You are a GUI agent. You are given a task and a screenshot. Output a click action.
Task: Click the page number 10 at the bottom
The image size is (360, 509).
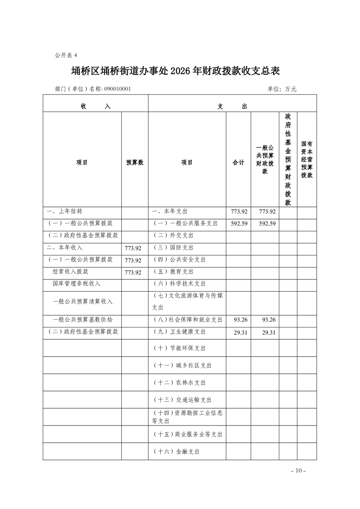tap(298, 470)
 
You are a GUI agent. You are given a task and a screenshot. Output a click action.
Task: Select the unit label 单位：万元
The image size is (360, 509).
tap(282, 89)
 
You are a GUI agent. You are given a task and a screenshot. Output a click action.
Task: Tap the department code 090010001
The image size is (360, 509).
tap(118, 89)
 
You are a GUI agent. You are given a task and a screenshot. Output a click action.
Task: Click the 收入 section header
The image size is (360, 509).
tap(95, 106)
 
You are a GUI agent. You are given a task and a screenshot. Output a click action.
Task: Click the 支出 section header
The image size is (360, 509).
tap(232, 106)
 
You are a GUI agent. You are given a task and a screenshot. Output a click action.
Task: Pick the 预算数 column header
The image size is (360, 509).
tap(135, 162)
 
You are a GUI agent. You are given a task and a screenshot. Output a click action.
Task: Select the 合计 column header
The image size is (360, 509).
tap(238, 162)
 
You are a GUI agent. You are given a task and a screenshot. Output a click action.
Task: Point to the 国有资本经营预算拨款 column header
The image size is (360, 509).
tap(307, 159)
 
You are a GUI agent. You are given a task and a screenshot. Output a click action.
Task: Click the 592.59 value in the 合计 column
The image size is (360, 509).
tap(238, 224)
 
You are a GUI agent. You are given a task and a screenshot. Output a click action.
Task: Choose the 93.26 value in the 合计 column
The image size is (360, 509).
tap(238, 320)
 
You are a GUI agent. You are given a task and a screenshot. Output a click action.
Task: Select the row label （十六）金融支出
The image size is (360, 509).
tap(176, 452)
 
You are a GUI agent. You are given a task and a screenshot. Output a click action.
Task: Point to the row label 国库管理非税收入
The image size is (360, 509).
tap(77, 284)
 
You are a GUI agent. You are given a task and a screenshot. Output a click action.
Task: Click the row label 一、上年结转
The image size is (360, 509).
tap(64, 211)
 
